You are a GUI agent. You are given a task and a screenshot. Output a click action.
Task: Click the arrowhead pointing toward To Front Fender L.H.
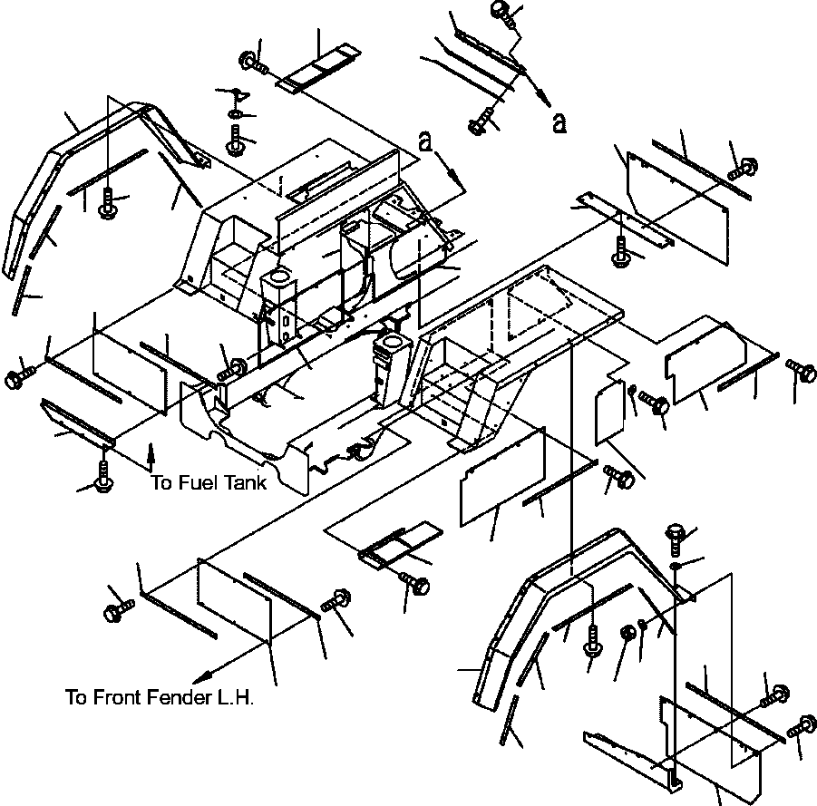[x=202, y=678]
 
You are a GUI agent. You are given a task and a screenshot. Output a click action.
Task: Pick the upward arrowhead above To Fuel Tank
[x=151, y=450]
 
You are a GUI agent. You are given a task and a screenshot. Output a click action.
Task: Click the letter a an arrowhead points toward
[x=559, y=123]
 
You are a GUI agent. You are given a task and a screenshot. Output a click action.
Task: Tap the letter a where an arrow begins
[x=426, y=141]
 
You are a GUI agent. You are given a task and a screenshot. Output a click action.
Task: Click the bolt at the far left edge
[x=18, y=377]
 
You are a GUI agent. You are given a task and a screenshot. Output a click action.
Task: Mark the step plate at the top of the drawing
[x=318, y=68]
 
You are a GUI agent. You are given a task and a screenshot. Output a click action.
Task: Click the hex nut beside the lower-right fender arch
[x=627, y=633]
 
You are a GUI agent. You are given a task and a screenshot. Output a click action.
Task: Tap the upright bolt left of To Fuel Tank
[x=103, y=477]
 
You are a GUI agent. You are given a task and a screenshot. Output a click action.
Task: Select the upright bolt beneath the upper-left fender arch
[x=107, y=203]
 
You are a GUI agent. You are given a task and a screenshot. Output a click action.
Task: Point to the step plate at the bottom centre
[x=400, y=545]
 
